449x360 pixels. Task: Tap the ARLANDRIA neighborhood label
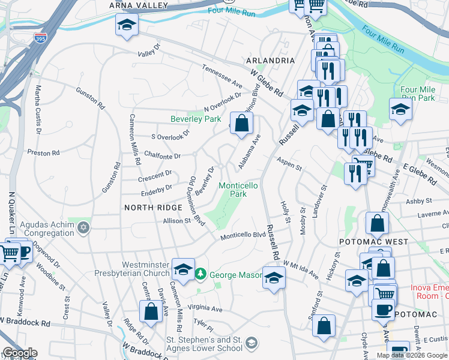point(270,61)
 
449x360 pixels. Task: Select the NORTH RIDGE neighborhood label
point(153,207)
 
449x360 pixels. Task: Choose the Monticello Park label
point(238,190)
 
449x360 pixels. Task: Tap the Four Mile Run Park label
point(418,94)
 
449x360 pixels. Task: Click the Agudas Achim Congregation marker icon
point(84,228)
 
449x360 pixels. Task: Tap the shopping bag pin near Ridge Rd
point(151,311)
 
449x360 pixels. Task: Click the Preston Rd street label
point(47,153)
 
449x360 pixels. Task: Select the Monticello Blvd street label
point(243,236)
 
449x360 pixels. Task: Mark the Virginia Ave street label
point(205,309)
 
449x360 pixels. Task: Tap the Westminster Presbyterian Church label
point(146,269)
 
